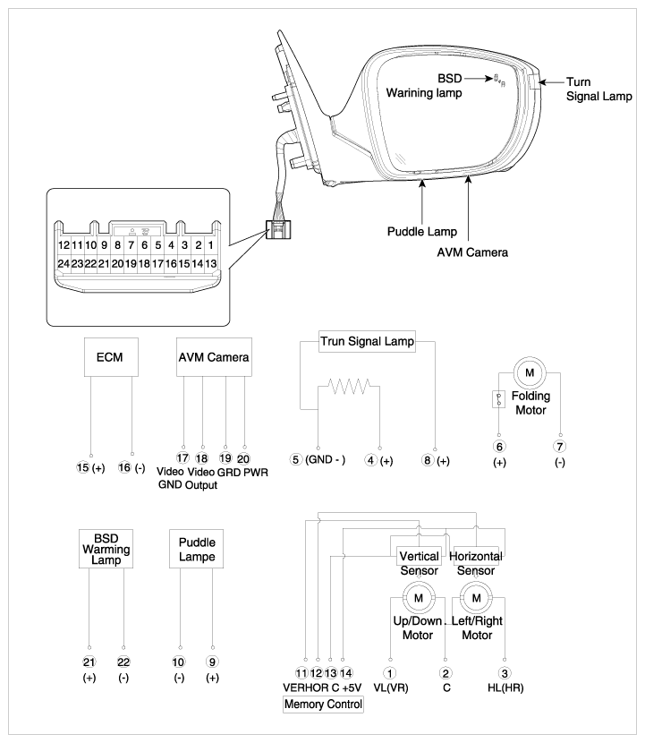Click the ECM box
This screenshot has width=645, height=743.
pyautogui.click(x=111, y=357)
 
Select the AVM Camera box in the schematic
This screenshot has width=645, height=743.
pyautogui.click(x=214, y=357)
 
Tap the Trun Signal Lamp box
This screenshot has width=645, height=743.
pyautogui.click(x=367, y=341)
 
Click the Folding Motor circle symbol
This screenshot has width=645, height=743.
pyautogui.click(x=530, y=373)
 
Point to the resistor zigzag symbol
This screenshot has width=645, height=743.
pyautogui.click(x=350, y=386)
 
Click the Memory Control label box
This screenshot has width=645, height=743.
pyautogui.click(x=323, y=705)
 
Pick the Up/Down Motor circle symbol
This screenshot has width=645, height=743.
pyautogui.click(x=418, y=598)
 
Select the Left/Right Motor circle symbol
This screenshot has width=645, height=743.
pyautogui.click(x=476, y=598)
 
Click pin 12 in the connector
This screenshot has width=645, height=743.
pyautogui.click(x=64, y=245)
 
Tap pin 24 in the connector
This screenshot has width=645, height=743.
pyautogui.click(x=64, y=263)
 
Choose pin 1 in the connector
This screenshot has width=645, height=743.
pyautogui.click(x=211, y=245)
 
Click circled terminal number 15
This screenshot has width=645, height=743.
pyautogui.click(x=83, y=467)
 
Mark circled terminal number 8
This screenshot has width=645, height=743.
pyautogui.click(x=428, y=459)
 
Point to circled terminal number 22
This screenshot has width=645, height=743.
pyautogui.click(x=123, y=662)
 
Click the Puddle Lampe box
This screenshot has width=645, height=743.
pyautogui.click(x=196, y=549)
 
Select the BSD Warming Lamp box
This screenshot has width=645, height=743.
pyautogui.click(x=106, y=549)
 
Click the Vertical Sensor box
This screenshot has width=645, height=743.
pyautogui.click(x=419, y=556)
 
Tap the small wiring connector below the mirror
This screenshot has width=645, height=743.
pyautogui.click(x=278, y=229)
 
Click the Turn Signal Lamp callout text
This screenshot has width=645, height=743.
pyautogui.click(x=599, y=90)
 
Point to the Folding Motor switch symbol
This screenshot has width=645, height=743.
pyautogui.click(x=498, y=399)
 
